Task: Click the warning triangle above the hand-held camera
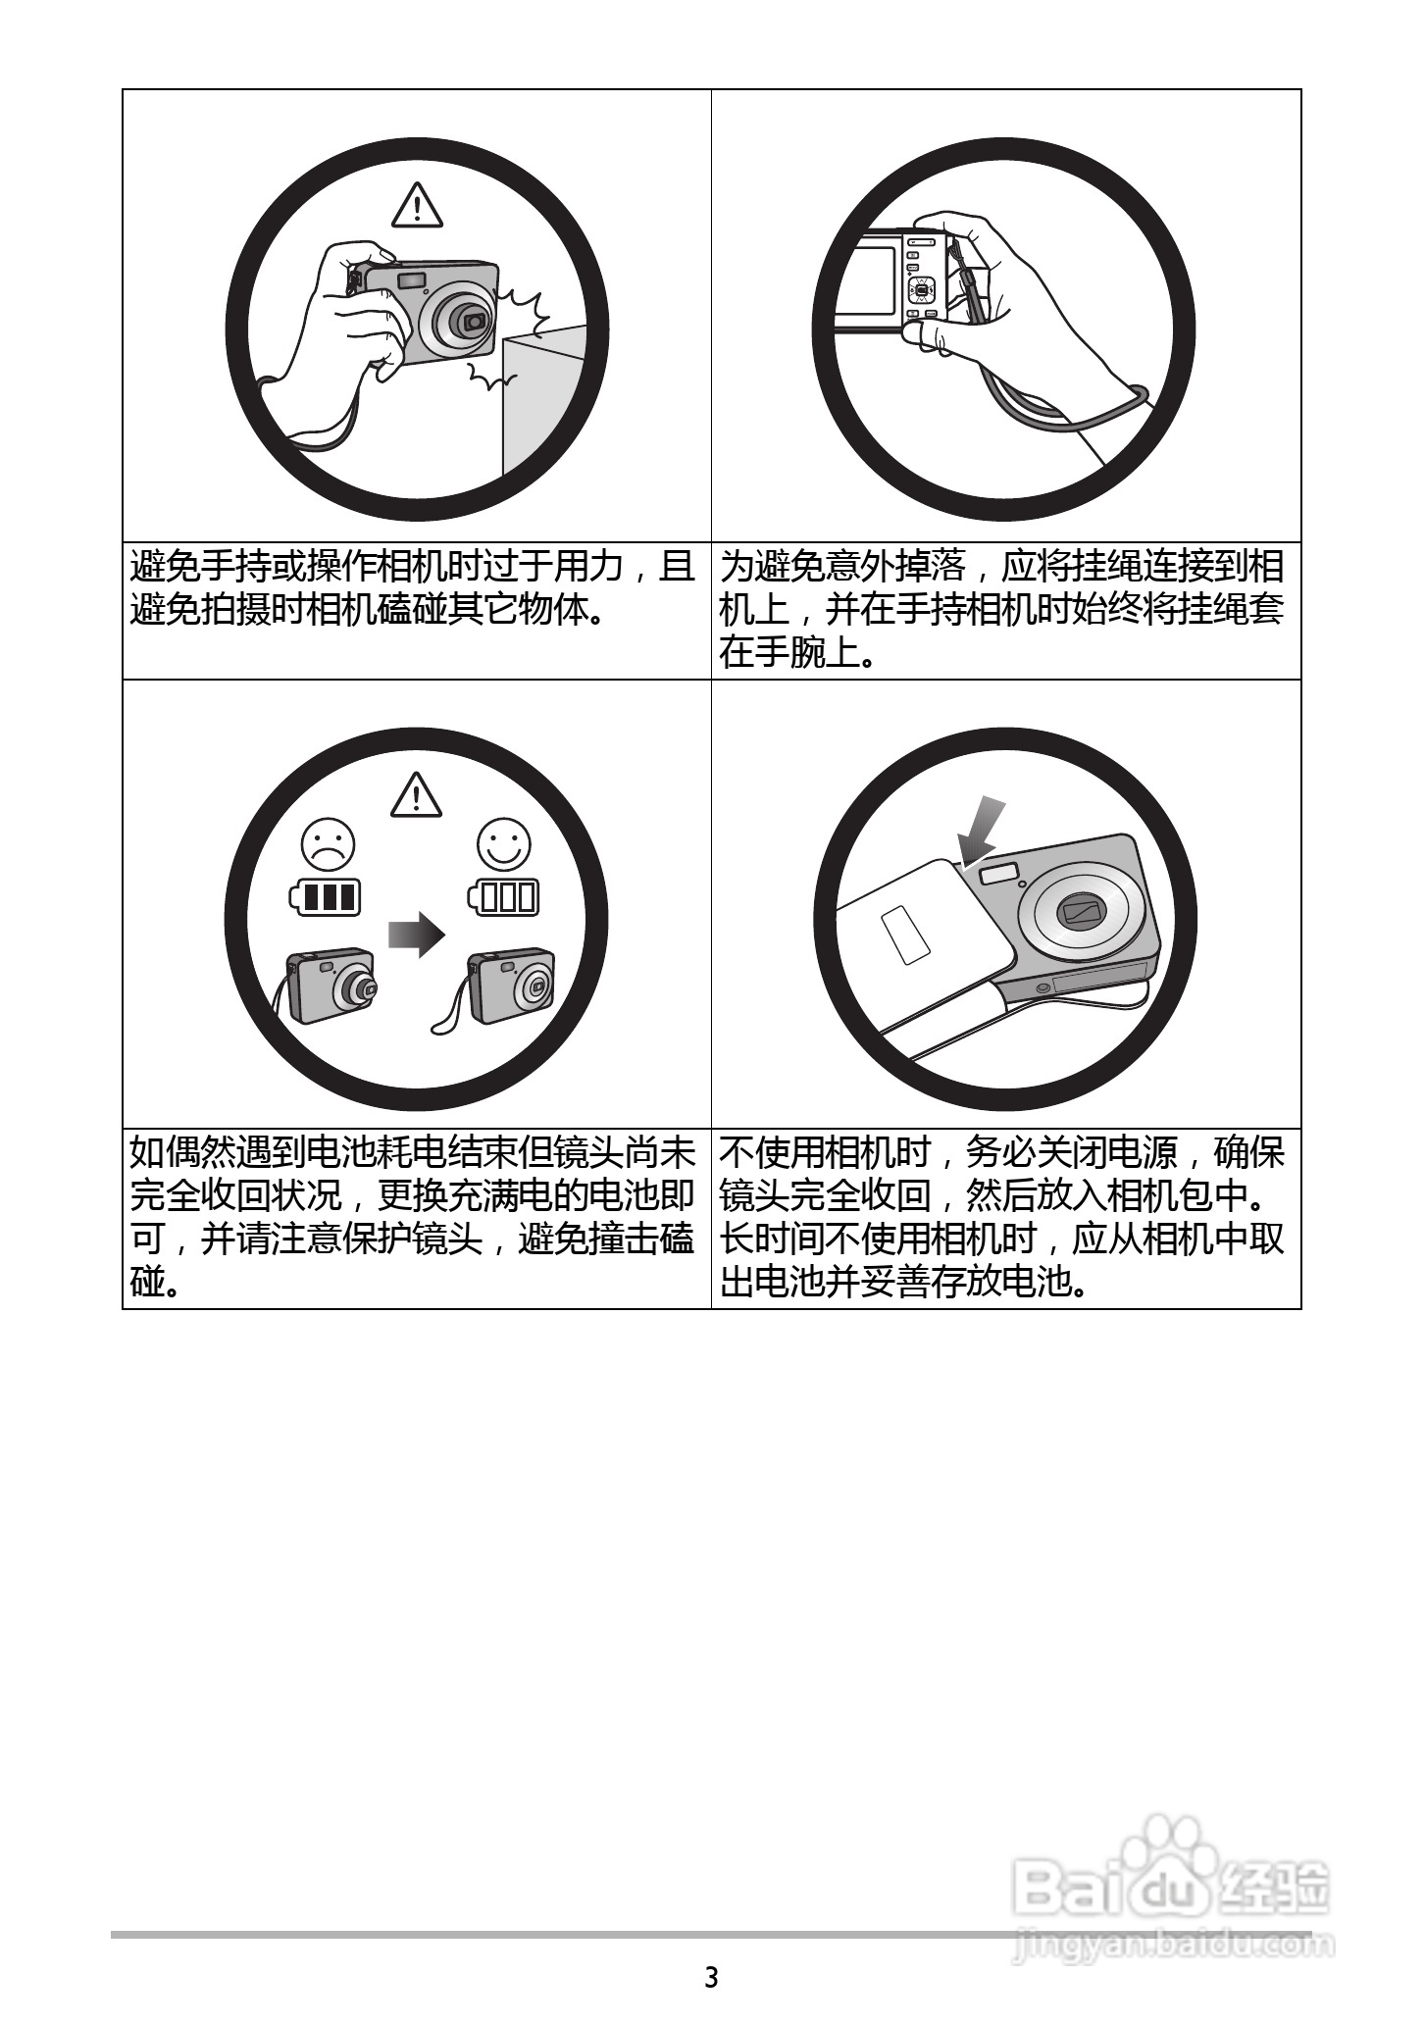417,206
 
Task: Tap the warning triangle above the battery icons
417,794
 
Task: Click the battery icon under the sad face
325,897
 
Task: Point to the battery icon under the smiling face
501,897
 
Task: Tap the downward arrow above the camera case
983,833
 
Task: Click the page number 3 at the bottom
711,1977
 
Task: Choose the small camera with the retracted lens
510,986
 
